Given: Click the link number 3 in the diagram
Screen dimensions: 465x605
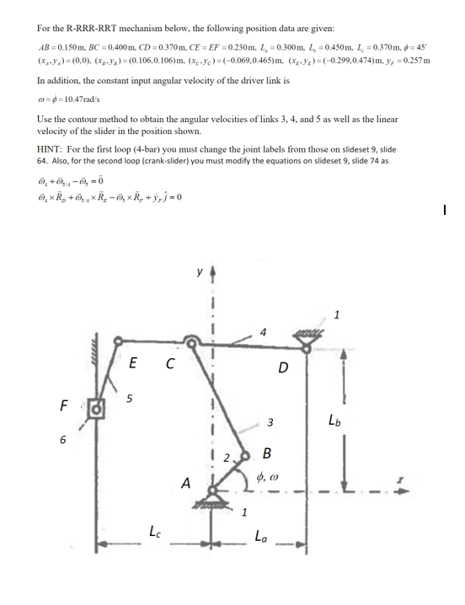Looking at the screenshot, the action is (270, 421).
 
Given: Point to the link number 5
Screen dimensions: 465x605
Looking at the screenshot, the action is (129, 399).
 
